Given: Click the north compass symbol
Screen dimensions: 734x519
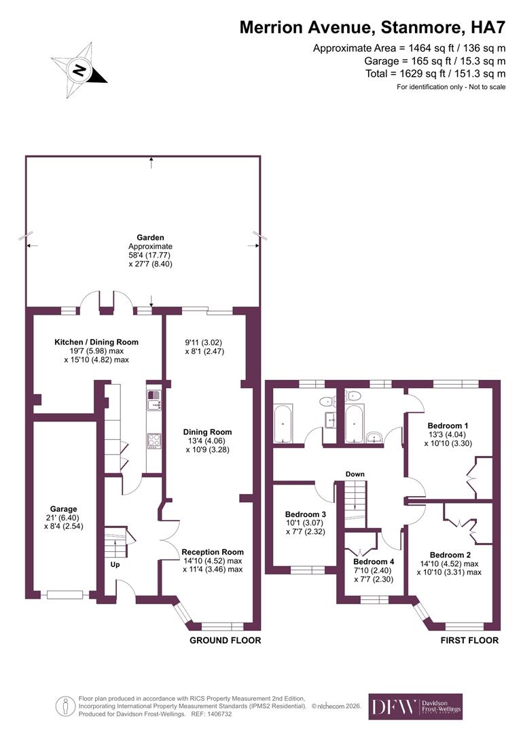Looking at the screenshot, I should pos(79,69).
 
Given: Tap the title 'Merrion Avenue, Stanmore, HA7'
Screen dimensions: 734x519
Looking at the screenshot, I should pos(372,27).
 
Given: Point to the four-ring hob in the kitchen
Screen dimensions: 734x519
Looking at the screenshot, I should pos(154,440).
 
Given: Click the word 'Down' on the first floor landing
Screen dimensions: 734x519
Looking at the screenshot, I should pos(354,474).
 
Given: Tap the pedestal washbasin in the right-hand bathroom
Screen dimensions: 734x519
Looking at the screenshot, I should pos(373,437).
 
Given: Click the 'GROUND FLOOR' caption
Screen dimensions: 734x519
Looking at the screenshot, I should pos(225,640).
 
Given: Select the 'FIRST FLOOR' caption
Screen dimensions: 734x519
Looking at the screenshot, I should pos(469,640).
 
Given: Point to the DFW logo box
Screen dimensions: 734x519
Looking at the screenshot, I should pos(415,706).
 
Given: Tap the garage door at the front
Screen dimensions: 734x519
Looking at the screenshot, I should pos(65,595).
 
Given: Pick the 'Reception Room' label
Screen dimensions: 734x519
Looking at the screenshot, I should pos(212,552).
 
